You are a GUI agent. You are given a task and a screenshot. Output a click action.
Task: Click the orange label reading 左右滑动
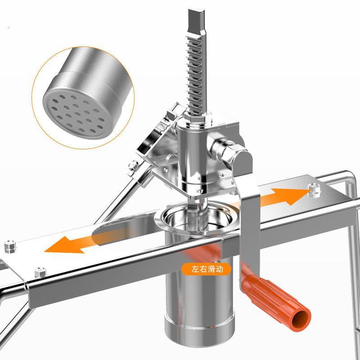coord(206,269)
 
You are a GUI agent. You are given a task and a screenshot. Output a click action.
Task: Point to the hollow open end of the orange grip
coord(301,319)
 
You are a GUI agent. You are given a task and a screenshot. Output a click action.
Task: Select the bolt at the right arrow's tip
coord(314,190)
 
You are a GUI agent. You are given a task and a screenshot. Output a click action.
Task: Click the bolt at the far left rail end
coord(10,246)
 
